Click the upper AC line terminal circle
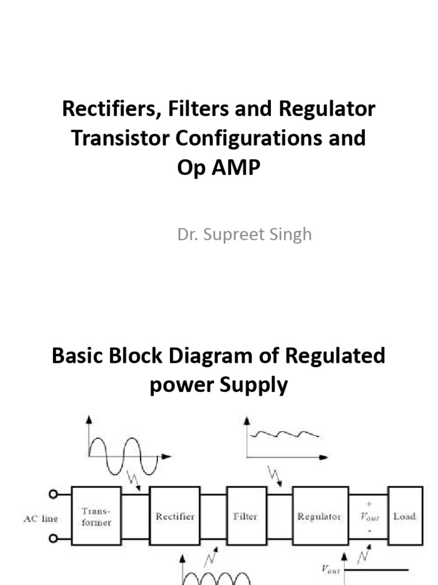click(55, 495)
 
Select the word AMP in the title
click(237, 168)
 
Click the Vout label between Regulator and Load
click(368, 517)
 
